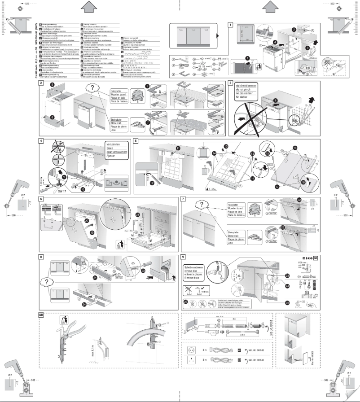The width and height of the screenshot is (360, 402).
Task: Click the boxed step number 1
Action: click(x=231, y=25)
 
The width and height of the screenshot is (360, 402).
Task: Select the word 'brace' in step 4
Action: click(x=110, y=147)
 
